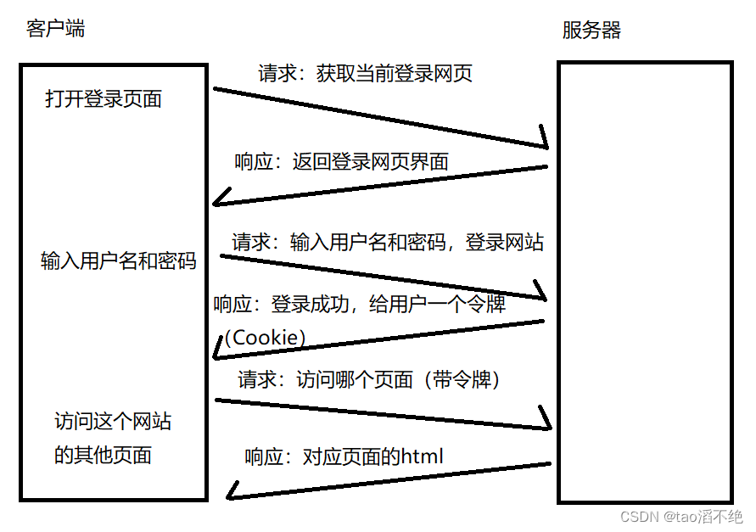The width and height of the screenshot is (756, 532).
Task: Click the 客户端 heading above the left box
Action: [x=56, y=29]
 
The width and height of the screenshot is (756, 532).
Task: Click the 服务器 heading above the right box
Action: [x=592, y=31]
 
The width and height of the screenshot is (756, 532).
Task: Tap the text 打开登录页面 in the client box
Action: [x=104, y=99]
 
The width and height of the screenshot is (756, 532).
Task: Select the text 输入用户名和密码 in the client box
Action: [x=119, y=260]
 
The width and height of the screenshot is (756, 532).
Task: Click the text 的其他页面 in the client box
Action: [x=103, y=455]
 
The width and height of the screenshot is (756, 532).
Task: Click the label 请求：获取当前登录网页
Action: [x=365, y=73]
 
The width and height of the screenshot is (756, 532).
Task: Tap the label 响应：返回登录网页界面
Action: [x=341, y=161]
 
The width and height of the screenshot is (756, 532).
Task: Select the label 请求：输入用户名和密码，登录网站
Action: [x=388, y=242]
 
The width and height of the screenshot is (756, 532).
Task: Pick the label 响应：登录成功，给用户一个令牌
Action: [x=360, y=304]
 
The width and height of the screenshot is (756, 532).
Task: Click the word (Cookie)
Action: [x=265, y=337]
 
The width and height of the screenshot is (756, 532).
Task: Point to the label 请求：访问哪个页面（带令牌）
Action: [x=370, y=379]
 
